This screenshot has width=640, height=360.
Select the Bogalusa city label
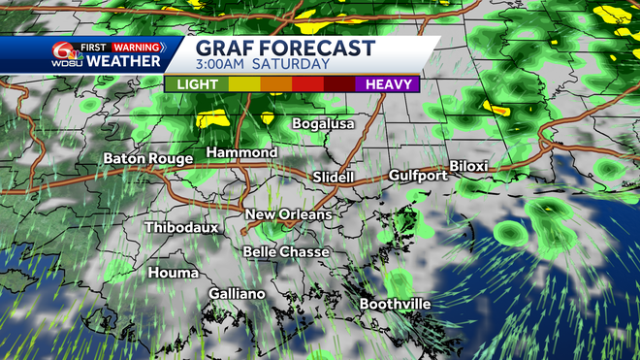coord(324,124)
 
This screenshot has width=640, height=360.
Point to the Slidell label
coord(335,178)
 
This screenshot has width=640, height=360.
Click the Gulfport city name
coord(418,176)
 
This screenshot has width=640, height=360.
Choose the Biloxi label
coord(469,167)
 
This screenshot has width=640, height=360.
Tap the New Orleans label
coord(289,214)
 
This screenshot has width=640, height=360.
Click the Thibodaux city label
coord(181,227)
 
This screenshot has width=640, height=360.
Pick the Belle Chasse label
coord(286,251)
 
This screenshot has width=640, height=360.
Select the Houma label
coord(174,273)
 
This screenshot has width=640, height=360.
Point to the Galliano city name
coord(237,293)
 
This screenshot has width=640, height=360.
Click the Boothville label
coord(395,304)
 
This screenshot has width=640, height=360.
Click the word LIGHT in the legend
coord(197,84)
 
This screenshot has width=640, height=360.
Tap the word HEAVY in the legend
coord(387,84)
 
